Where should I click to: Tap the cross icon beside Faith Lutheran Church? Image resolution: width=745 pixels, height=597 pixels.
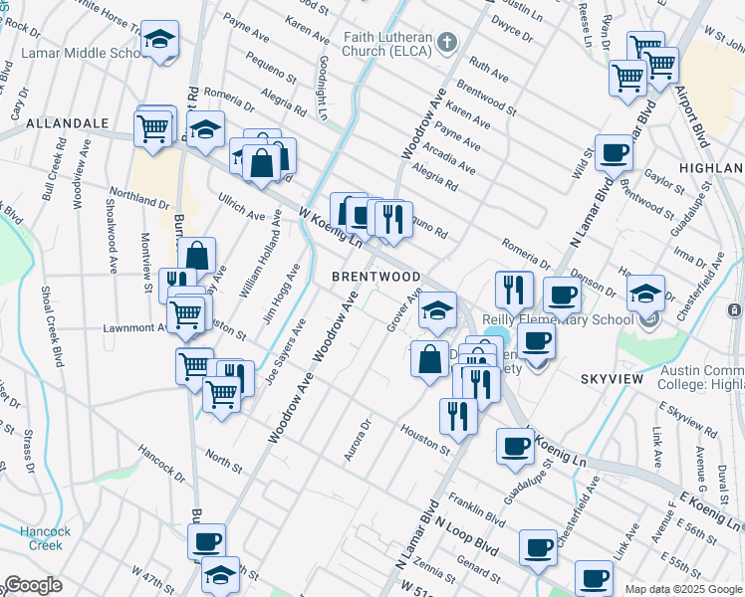point(447,42)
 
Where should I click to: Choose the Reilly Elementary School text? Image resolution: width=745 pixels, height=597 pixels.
point(558,319)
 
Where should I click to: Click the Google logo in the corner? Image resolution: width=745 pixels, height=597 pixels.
point(32,585)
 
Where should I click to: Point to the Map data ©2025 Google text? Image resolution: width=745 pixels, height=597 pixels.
point(683,589)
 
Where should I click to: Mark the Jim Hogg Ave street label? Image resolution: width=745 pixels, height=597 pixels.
point(281,294)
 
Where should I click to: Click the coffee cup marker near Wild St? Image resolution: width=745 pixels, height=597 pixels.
point(615,152)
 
